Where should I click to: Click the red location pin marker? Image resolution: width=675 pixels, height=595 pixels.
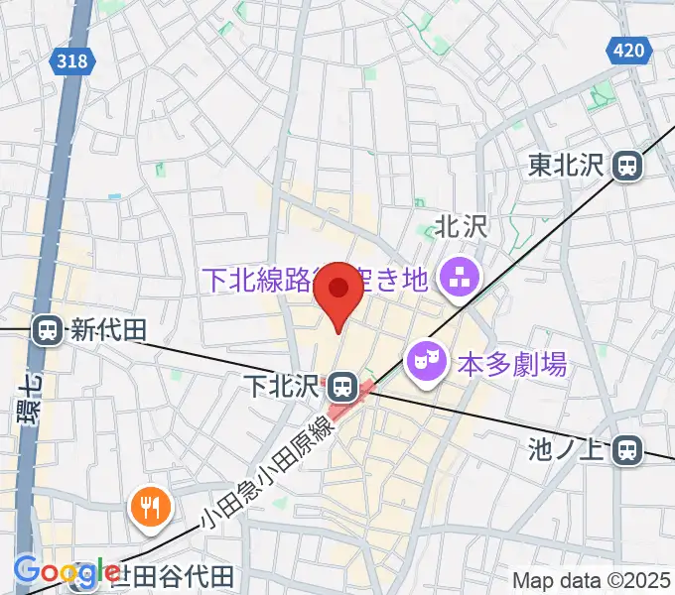coord(338,294)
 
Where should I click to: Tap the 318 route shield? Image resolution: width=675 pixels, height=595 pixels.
coord(70,60)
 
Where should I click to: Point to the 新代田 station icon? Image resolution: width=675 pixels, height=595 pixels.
coord(46,330)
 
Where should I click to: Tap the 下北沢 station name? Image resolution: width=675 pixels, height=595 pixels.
coord(284,383)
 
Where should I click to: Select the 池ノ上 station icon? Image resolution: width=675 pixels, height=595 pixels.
coord(626,451)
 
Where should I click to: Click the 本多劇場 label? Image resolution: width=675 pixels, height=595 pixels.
coord(512,364)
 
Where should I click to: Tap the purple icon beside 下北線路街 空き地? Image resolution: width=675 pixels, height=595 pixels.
coord(458,277)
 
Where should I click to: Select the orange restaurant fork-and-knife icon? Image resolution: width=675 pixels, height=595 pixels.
coord(150,509)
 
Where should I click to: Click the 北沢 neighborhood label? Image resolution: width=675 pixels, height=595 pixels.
coord(462,226)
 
